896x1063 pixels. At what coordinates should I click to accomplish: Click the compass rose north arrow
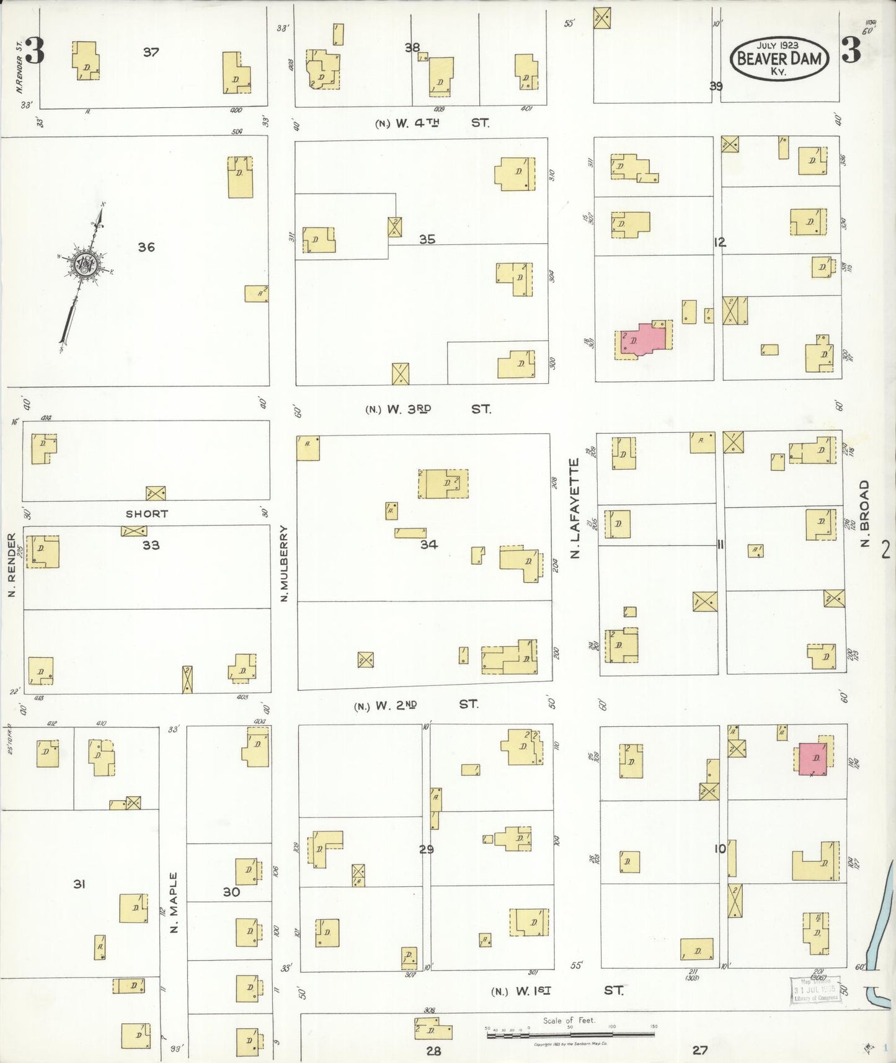83,265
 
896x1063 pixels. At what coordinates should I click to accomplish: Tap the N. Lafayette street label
574,508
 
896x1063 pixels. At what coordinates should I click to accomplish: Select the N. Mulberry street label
285,563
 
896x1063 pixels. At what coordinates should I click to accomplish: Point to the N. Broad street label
865,514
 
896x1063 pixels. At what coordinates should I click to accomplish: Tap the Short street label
147,514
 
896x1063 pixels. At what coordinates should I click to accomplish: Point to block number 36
146,247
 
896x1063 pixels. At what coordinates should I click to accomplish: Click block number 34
428,545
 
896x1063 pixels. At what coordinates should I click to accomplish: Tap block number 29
426,849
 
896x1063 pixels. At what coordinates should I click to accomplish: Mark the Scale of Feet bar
570,1034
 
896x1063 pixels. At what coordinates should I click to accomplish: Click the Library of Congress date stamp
815,990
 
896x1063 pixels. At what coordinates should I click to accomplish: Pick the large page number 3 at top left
35,52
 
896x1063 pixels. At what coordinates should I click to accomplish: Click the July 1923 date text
778,45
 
